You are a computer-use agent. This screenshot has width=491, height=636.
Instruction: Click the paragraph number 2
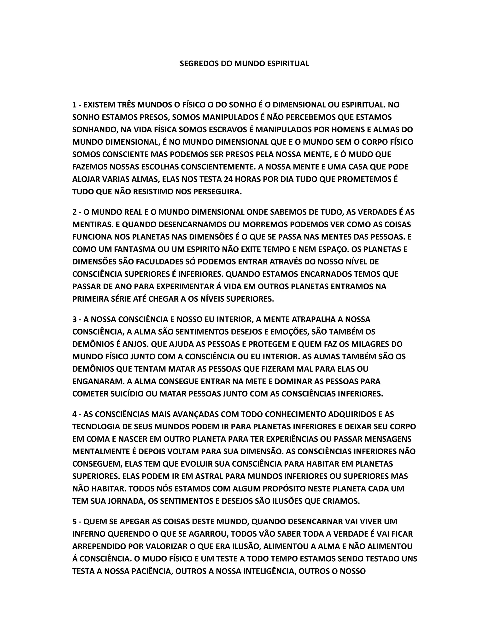[75, 212]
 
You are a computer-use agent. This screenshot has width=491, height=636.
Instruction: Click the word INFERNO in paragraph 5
[89, 534]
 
